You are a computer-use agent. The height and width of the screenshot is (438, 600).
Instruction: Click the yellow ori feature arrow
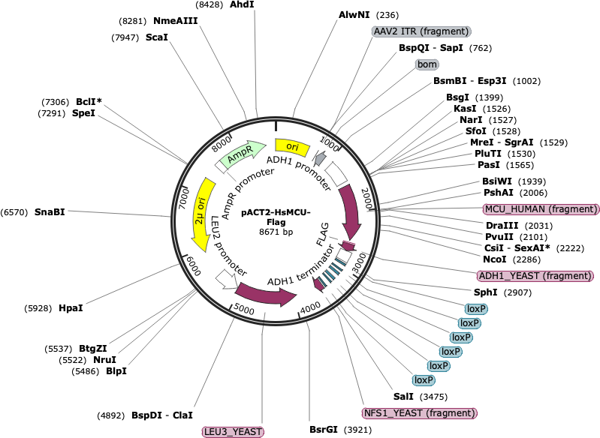(x=292, y=147)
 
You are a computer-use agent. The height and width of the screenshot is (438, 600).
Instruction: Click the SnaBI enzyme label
(x=50, y=211)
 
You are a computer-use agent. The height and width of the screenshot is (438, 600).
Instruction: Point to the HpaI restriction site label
(x=71, y=307)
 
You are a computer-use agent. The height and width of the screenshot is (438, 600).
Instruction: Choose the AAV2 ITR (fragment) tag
(x=421, y=31)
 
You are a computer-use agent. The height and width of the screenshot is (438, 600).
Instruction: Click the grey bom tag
(x=427, y=64)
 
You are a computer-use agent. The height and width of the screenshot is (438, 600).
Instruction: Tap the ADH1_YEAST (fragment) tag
(x=535, y=275)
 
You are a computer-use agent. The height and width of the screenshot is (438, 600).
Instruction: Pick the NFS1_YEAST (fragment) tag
(x=419, y=413)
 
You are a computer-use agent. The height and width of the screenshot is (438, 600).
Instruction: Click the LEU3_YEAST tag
(x=233, y=432)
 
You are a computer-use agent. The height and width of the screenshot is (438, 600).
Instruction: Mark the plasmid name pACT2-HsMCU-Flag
(x=276, y=217)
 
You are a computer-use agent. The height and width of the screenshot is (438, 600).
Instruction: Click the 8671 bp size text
(x=276, y=232)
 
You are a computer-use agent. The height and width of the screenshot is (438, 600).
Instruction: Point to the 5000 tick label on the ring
(x=243, y=309)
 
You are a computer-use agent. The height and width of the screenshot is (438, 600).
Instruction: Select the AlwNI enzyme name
(x=354, y=14)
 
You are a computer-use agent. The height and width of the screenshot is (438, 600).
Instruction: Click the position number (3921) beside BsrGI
(x=357, y=430)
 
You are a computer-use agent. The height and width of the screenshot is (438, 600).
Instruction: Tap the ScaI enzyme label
(x=157, y=37)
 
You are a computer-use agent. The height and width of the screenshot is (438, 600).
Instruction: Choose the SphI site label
(x=486, y=292)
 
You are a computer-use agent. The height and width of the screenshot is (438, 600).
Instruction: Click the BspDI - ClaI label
(x=162, y=415)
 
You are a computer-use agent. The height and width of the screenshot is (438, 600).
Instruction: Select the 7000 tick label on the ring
(x=185, y=198)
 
